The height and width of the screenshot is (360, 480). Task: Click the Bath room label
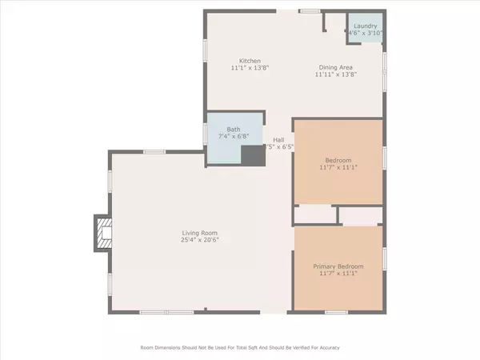[233, 130]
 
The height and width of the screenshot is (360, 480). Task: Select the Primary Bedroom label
[338, 266]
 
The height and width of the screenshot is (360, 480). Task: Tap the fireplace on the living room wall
[103, 232]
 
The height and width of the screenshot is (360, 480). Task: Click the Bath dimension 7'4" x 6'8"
[233, 137]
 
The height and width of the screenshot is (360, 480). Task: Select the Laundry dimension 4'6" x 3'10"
[366, 33]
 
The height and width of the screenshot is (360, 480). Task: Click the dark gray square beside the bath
[254, 155]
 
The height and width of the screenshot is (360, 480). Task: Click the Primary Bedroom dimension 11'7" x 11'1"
[338, 274]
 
